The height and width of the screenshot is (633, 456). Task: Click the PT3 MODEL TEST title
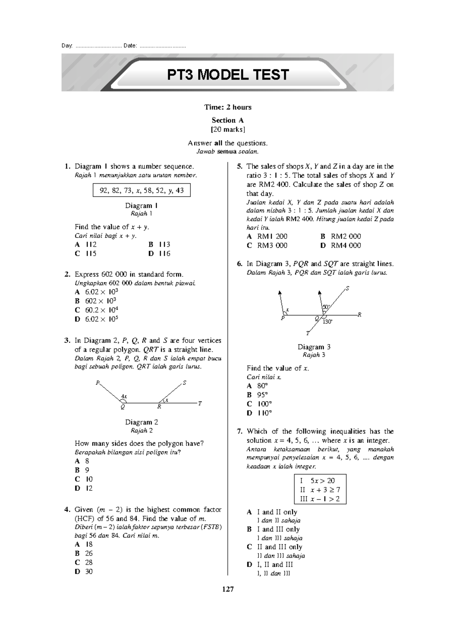pos(228,75)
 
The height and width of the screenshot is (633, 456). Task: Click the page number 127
pos(228,589)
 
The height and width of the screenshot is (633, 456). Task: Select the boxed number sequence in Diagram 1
pos(142,190)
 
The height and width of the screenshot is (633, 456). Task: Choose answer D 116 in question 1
pos(160,254)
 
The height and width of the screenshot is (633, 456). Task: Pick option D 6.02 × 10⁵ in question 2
pos(97,319)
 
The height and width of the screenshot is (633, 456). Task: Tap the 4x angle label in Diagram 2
pos(123,397)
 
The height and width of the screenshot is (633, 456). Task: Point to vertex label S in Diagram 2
pos(185,383)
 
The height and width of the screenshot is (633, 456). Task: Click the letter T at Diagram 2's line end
pos(200,403)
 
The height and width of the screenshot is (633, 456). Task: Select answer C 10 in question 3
pos(84,479)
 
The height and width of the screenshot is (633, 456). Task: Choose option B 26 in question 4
pos(84,553)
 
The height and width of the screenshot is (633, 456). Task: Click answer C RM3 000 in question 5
pos(267,246)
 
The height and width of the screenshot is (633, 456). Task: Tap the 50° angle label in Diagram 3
pos(326,307)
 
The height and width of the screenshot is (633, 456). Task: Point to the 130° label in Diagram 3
pos(328,322)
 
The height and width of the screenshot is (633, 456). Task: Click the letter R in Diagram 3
pos(359,315)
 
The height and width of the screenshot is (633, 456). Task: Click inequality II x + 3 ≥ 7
pos(320,490)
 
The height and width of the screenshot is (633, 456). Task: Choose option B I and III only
pos(274,529)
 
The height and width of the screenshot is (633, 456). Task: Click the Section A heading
pos(228,121)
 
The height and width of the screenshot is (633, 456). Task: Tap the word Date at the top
pos(130,46)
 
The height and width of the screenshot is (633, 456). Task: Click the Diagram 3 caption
pos(314,347)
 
